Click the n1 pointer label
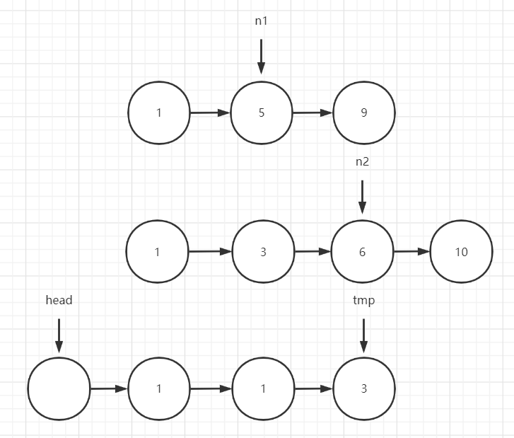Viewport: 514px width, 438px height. pos(261,21)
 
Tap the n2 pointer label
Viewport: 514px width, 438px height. pos(362,161)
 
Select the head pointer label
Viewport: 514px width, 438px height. pos(59,300)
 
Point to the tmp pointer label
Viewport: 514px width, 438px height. pos(364,301)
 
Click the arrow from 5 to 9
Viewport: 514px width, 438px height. pos(313,113)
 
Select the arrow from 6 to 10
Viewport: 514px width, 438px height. pos(411,251)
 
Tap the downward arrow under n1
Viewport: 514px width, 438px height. pos(262,57)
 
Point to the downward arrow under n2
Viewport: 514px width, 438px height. pos(362,197)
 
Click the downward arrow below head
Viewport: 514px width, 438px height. pos(59,335)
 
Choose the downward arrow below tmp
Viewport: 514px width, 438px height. pos(364,335)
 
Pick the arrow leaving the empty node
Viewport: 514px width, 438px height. pos(109,388)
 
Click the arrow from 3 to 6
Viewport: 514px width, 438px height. pos(313,251)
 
